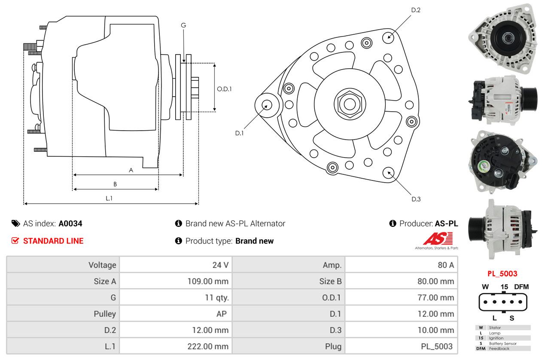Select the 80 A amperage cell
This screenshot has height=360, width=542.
(x=445, y=265)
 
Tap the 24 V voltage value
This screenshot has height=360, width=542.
(x=220, y=265)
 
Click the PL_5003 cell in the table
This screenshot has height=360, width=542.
(x=437, y=346)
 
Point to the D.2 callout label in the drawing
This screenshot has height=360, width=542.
(x=416, y=10)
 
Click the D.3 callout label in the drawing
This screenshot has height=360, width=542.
(x=416, y=199)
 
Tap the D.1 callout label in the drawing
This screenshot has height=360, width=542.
(x=239, y=133)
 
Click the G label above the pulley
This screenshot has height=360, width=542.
(x=183, y=25)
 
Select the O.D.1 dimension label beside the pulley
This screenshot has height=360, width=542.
(x=224, y=89)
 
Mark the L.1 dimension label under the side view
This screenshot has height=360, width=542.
(x=109, y=198)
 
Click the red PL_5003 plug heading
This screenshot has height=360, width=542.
(x=502, y=274)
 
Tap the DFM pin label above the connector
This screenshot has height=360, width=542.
(x=521, y=287)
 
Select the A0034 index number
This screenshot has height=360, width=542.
(x=70, y=223)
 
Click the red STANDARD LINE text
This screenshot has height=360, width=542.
(x=53, y=241)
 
